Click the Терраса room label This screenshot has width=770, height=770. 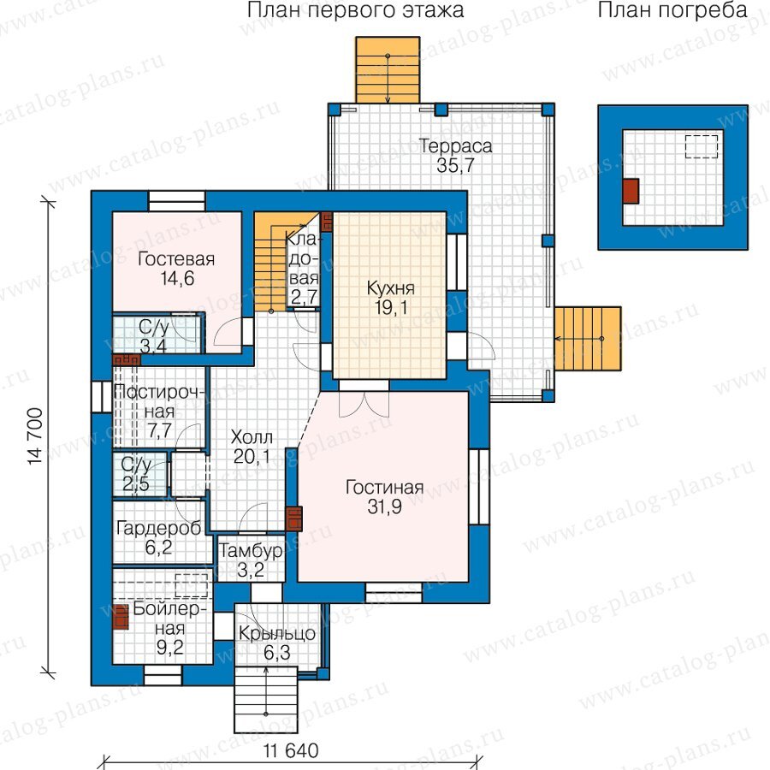455,145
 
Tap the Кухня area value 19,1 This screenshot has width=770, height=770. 391,308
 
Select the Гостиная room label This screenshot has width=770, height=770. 384,487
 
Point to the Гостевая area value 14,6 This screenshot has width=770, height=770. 177,278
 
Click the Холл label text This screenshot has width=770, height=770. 252,436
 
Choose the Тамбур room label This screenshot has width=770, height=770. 251,550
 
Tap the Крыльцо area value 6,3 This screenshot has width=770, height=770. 277,653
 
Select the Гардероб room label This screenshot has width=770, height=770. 158,529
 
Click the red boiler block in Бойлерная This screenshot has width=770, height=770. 121,617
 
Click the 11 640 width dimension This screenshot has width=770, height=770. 291,751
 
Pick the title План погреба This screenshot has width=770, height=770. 672,10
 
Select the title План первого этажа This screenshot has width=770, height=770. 355,10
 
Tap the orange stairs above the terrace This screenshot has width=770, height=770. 388,70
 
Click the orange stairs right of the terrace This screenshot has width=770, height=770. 588,339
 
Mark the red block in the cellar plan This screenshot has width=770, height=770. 631,191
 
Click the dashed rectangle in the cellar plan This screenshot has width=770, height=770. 702,147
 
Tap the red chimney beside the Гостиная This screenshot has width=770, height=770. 293,518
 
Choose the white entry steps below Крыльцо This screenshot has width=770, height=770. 266,698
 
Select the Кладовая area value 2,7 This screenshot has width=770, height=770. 304,298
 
